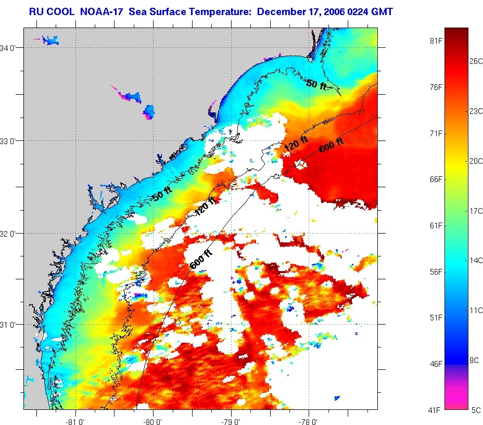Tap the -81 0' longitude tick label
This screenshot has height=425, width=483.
click(76, 420)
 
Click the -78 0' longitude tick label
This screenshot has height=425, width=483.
click(309, 420)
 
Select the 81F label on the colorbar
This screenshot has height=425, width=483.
click(436, 41)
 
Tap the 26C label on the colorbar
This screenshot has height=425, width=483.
click(476, 61)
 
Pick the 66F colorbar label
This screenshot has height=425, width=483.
click(436, 179)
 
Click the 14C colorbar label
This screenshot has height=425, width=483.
click(476, 260)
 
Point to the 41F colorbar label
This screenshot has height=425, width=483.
click(436, 410)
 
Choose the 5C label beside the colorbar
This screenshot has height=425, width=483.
click(476, 410)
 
